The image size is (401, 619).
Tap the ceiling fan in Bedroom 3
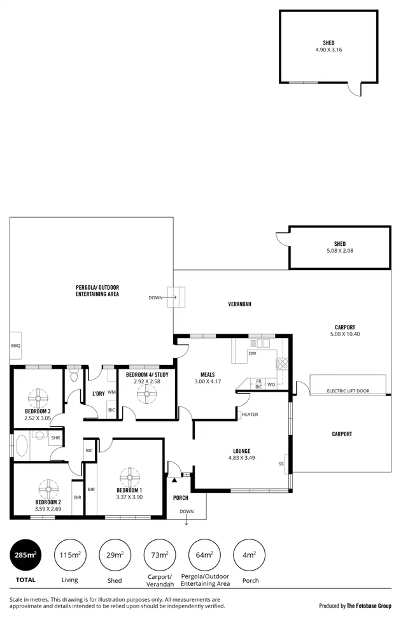[38, 399]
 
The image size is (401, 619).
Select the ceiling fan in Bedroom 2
[48, 489]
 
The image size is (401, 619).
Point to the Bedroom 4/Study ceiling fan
[147, 394]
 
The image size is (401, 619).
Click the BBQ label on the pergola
[16, 346]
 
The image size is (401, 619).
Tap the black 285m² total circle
[26, 554]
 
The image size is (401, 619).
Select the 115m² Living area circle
[70, 554]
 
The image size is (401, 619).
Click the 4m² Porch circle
[250, 554]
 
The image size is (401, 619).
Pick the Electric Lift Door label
[348, 391]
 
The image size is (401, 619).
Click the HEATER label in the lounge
[250, 415]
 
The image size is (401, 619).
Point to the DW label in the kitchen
[253, 353]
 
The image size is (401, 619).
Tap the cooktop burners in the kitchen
[282, 364]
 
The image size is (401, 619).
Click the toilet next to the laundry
[74, 376]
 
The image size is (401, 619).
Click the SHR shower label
[55, 438]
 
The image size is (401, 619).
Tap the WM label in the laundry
[111, 392]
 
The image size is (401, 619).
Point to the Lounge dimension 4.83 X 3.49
[241, 458]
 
